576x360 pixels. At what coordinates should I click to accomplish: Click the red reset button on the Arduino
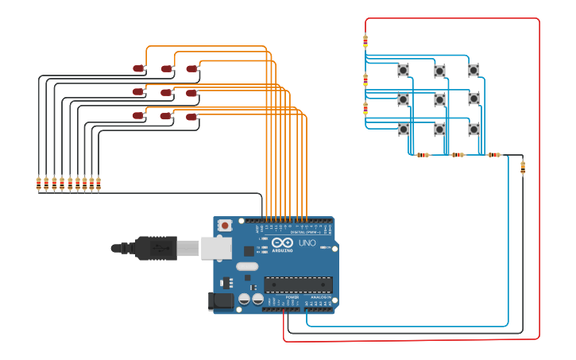(225, 226)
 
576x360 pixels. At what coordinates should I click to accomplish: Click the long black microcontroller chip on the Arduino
(298, 285)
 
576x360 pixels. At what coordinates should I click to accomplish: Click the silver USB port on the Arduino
(215, 248)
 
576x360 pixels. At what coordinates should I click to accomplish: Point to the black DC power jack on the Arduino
(220, 300)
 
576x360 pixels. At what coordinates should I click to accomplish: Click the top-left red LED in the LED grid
(138, 69)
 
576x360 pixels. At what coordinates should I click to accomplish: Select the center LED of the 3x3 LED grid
(165, 93)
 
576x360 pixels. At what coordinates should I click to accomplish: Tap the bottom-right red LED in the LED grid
(191, 117)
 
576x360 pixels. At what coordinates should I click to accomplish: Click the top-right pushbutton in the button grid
(474, 70)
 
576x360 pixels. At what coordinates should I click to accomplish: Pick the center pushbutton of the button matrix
(439, 99)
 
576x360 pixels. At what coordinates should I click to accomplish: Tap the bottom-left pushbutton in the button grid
(404, 129)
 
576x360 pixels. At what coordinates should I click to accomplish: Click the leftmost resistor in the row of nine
(38, 184)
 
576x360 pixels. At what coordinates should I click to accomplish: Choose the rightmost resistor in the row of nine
(99, 184)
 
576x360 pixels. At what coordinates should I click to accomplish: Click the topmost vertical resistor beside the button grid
(365, 41)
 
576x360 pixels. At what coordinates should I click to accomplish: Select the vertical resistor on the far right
(522, 167)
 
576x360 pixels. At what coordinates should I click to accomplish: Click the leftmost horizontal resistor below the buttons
(422, 155)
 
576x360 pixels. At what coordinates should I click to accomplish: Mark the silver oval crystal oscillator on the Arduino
(247, 266)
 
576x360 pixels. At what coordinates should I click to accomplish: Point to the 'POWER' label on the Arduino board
(292, 296)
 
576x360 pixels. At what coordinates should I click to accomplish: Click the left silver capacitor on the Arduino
(245, 299)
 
